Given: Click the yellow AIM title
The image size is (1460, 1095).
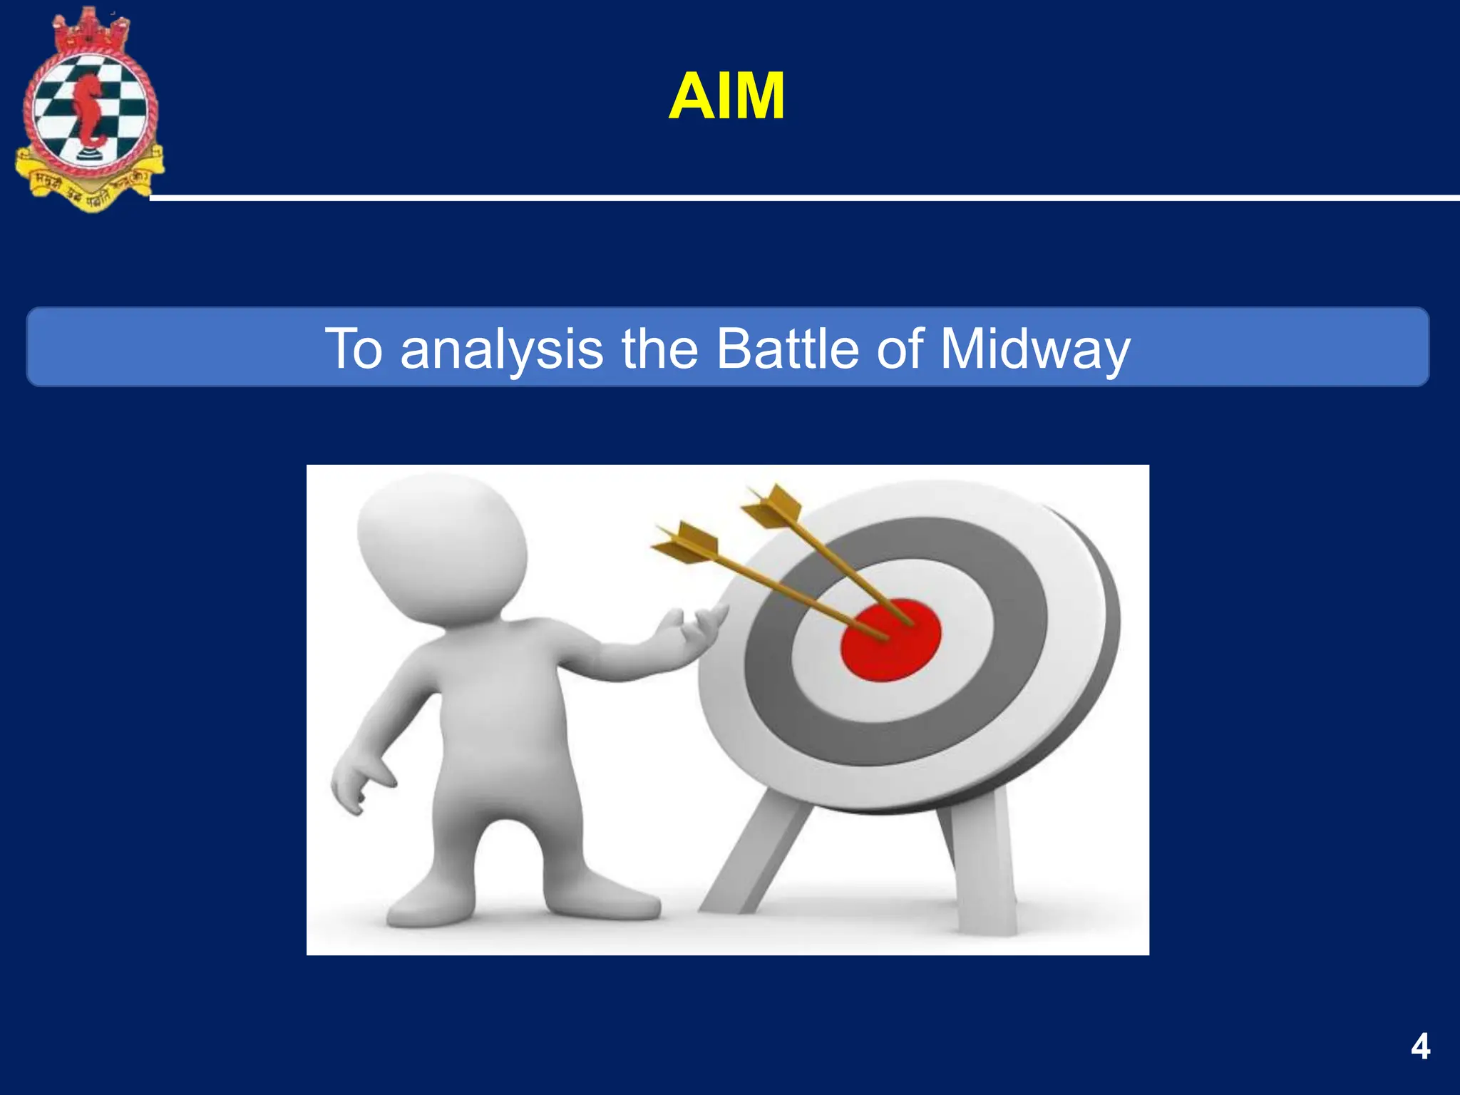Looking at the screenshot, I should click(726, 97).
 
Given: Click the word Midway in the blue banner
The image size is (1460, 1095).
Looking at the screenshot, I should click(1034, 349).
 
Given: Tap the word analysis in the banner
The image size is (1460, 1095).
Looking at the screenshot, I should click(501, 349).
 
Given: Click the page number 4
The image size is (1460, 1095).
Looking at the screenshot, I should click(1420, 1047).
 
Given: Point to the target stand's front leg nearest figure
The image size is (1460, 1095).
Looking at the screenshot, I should click(756, 855).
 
